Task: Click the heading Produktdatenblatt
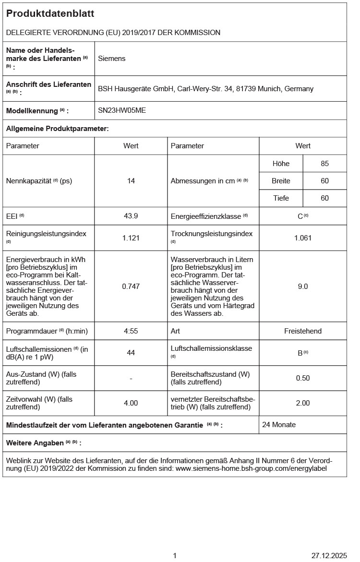click(x=50, y=14)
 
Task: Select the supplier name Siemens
click(x=111, y=59)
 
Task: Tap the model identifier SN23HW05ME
click(x=122, y=110)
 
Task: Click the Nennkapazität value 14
click(x=131, y=181)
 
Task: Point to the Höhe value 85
click(x=325, y=164)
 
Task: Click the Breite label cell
click(x=281, y=181)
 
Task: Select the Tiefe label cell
click(x=281, y=198)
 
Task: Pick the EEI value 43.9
click(x=131, y=216)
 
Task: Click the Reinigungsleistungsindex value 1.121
click(x=131, y=238)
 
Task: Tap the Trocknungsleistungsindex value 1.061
click(x=303, y=238)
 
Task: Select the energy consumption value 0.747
click(x=131, y=286)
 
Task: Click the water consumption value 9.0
click(x=303, y=286)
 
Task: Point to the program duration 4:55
click(x=131, y=331)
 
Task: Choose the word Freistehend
click(x=303, y=331)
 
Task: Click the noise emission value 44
click(x=131, y=353)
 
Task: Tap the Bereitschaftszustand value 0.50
click(x=303, y=378)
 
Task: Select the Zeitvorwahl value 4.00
click(x=131, y=403)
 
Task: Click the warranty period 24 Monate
click(x=279, y=425)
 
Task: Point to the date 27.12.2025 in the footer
click(x=329, y=556)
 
